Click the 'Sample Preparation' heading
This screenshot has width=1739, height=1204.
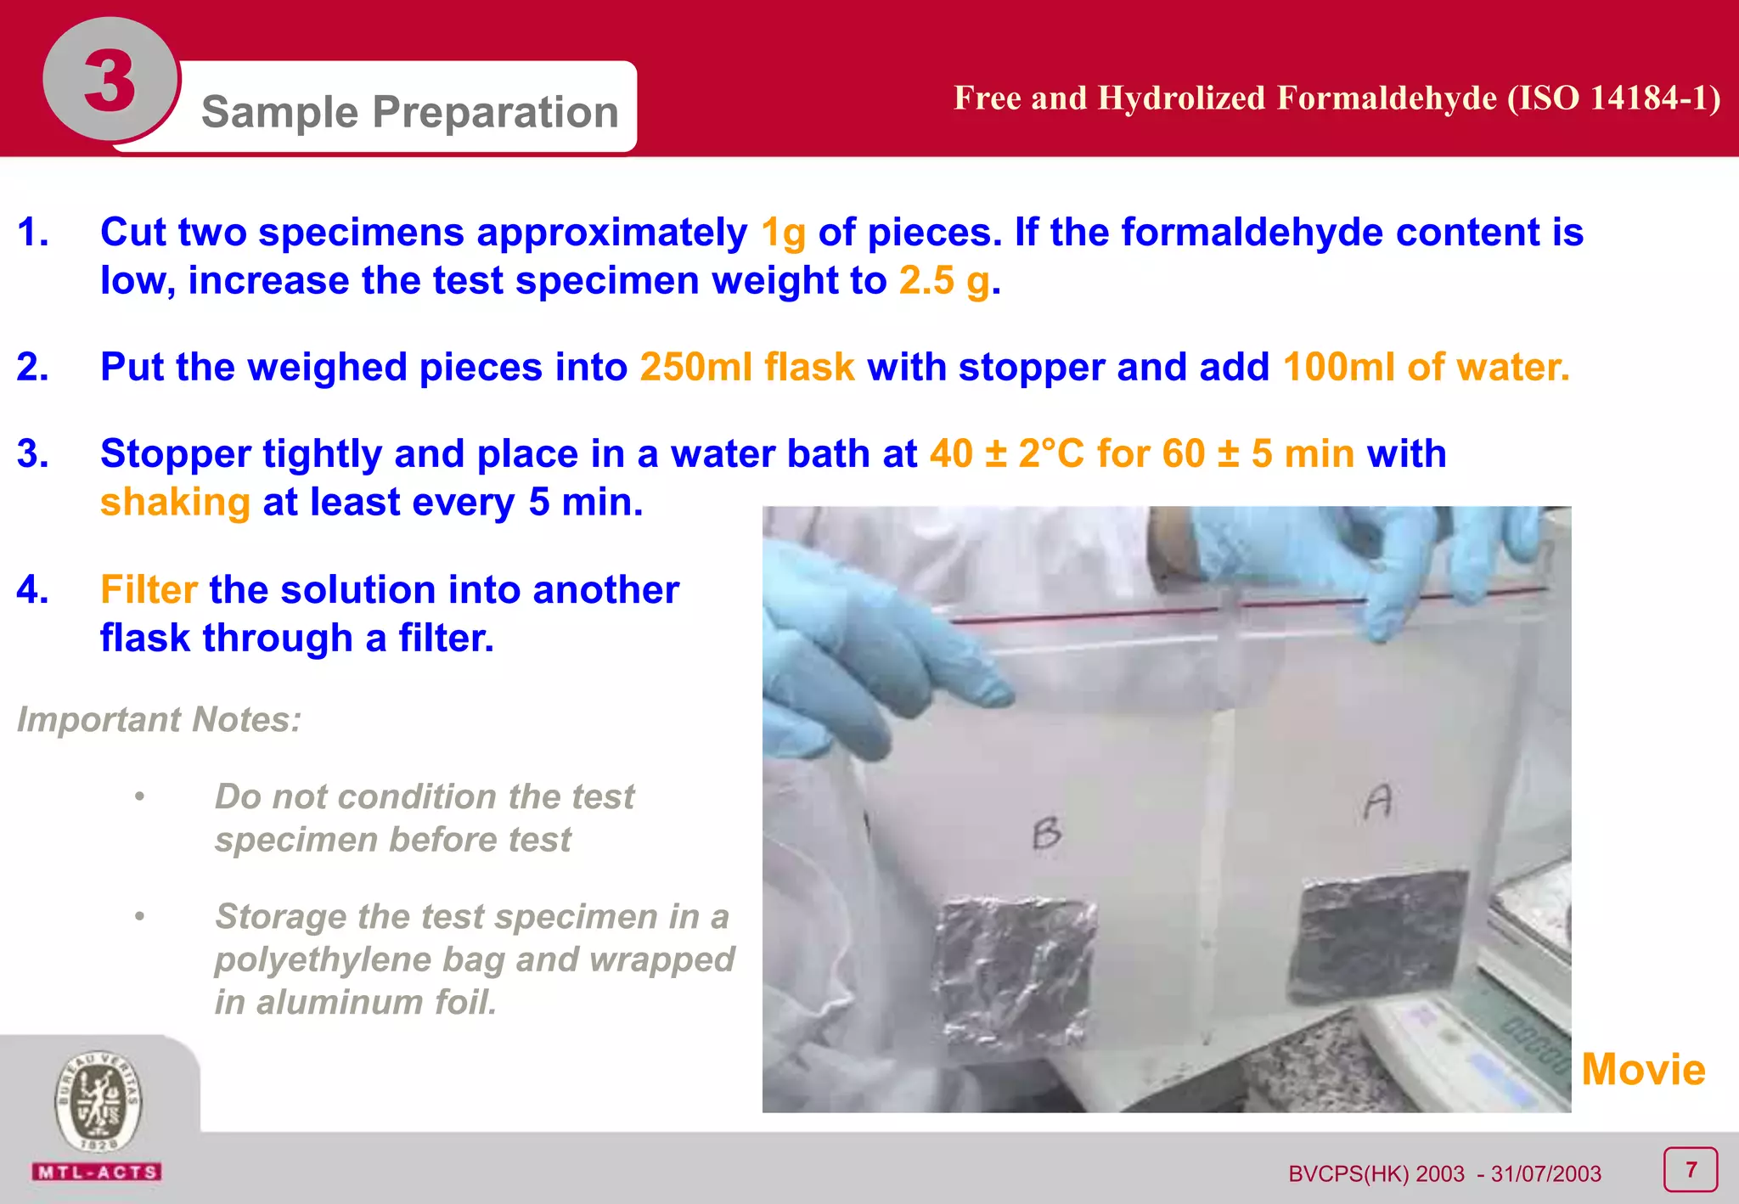[409, 111]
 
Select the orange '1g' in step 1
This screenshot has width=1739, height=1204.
[783, 233]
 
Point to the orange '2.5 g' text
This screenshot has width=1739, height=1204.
[944, 281]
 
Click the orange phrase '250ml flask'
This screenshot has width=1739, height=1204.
[747, 367]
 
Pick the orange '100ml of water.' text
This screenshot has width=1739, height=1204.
[1426, 367]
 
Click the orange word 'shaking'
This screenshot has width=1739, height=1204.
[175, 502]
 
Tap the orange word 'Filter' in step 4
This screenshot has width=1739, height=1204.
[149, 589]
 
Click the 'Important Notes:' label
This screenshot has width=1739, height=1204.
[160, 719]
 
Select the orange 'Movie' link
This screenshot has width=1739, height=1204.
[1642, 1069]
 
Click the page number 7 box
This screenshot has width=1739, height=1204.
[1690, 1170]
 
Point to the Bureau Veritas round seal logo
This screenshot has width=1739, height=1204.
[98, 1102]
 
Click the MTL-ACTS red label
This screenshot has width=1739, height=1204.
[98, 1173]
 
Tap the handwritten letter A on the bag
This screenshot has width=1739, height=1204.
[1378, 802]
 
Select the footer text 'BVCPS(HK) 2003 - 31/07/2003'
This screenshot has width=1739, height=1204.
[1444, 1173]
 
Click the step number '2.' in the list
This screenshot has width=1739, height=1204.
[32, 367]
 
